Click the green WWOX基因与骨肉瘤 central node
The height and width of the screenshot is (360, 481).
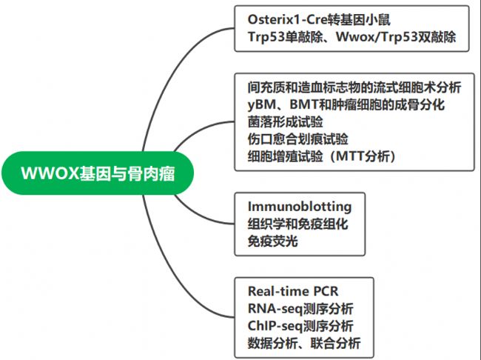click(98, 173)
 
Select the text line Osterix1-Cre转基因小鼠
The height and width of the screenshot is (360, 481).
click(319, 20)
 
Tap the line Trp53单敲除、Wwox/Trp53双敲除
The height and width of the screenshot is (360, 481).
click(351, 37)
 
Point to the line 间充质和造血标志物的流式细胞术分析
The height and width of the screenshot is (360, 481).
click(354, 87)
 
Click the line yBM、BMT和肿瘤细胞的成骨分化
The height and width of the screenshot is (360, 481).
click(346, 104)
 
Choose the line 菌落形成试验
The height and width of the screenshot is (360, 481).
click(286, 122)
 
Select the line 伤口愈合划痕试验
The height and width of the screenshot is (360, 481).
click(298, 139)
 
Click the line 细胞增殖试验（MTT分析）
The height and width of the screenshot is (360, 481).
click(321, 156)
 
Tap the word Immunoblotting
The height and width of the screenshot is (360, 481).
click(300, 207)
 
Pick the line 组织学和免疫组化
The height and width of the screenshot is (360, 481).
click(298, 224)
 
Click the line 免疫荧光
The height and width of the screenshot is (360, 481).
click(273, 241)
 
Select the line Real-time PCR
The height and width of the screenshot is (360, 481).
click(293, 291)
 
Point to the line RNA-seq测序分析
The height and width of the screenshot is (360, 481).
click(300, 309)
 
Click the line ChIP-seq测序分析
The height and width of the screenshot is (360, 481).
click(300, 326)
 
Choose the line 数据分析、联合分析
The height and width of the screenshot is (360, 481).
click(304, 343)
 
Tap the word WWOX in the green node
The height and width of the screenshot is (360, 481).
click(50, 173)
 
